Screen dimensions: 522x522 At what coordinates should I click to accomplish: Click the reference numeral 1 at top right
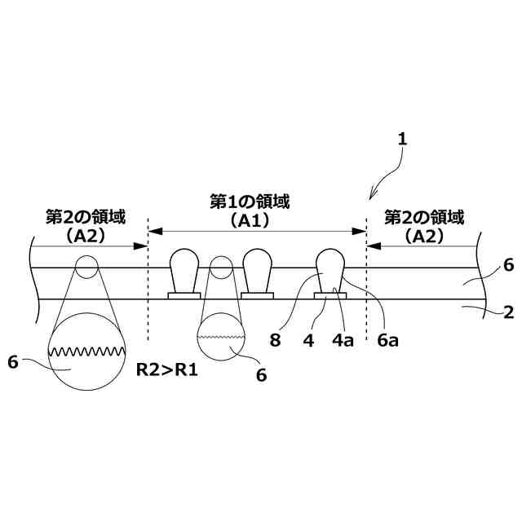point(401,139)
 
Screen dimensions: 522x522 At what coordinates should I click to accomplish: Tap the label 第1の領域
point(250,200)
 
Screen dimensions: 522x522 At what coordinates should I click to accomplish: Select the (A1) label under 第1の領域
point(250,219)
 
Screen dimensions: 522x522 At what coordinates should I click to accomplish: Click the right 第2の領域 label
point(423,218)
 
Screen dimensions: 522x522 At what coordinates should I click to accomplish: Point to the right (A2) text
point(423,236)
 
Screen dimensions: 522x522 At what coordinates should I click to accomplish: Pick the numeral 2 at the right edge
point(507,312)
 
